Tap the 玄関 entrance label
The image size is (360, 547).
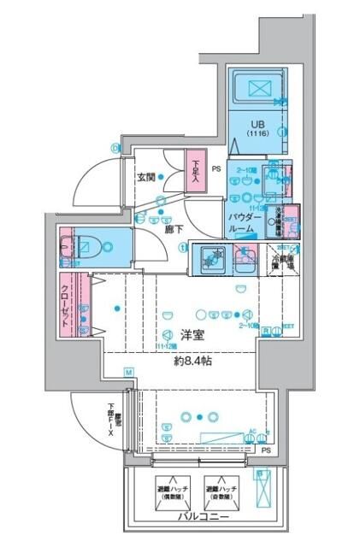click(x=145, y=178)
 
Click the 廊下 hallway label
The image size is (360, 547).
click(x=175, y=229)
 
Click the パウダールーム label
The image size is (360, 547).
click(x=242, y=224)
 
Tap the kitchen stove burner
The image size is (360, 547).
click(x=212, y=257)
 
